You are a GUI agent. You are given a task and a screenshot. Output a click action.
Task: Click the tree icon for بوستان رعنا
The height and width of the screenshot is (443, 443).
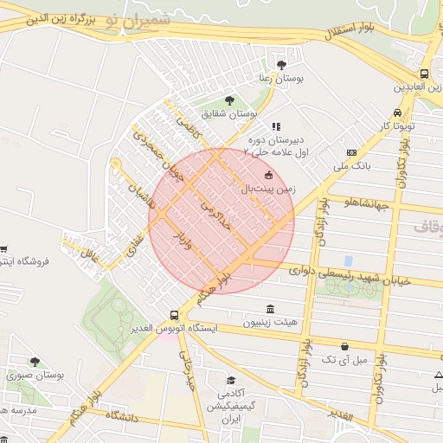click(x=281, y=64)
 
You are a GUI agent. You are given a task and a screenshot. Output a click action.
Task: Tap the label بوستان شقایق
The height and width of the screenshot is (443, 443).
click(x=231, y=113)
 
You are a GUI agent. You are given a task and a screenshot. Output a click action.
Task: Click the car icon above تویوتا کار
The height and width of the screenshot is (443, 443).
click(x=397, y=112)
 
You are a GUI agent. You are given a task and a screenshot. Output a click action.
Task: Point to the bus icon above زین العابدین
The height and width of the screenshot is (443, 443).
click(x=424, y=74)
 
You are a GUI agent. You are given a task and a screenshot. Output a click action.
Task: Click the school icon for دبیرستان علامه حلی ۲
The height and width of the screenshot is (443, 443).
click(x=277, y=127)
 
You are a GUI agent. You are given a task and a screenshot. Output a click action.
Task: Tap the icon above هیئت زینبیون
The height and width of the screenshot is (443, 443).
click(x=271, y=309)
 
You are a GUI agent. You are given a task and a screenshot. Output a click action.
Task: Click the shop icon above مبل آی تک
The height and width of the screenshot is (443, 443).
click(x=345, y=346)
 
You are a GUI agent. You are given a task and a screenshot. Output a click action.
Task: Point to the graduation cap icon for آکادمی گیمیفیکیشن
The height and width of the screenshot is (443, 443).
click(x=230, y=380)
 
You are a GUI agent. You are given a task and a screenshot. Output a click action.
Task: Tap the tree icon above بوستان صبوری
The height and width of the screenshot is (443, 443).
click(x=35, y=363)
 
